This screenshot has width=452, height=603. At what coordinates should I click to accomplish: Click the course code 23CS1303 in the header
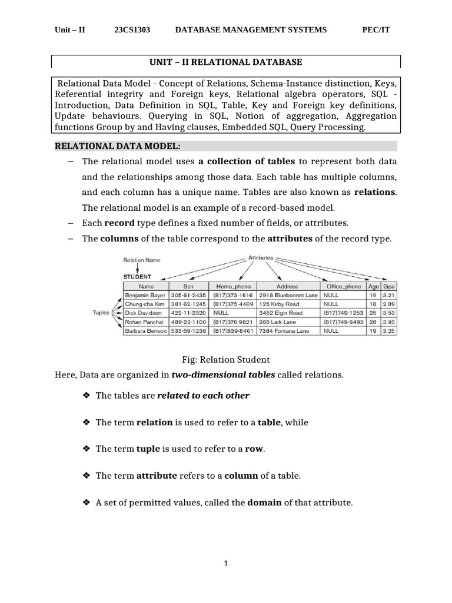pos(132,30)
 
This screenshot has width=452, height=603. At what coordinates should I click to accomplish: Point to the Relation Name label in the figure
pos(141,260)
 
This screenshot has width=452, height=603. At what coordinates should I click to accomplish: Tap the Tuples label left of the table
pos(101,313)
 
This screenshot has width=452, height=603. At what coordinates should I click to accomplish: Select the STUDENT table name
pos(137,276)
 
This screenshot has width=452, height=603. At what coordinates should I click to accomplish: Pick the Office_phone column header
pos(344,286)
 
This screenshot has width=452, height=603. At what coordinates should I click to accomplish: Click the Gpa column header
pos(389,286)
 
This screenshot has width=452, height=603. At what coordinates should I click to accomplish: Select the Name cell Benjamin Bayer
pos(144,295)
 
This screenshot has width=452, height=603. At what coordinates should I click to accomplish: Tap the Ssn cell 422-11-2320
pos(188,313)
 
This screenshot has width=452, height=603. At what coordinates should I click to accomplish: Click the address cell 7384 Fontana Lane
pos(284,331)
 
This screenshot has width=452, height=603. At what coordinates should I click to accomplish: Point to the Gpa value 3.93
pos(389,322)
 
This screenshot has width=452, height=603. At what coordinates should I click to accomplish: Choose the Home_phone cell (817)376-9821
pos(233,322)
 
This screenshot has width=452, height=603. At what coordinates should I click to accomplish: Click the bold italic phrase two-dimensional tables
pos(223,375)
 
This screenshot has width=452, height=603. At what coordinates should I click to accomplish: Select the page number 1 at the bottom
pos(226,563)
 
